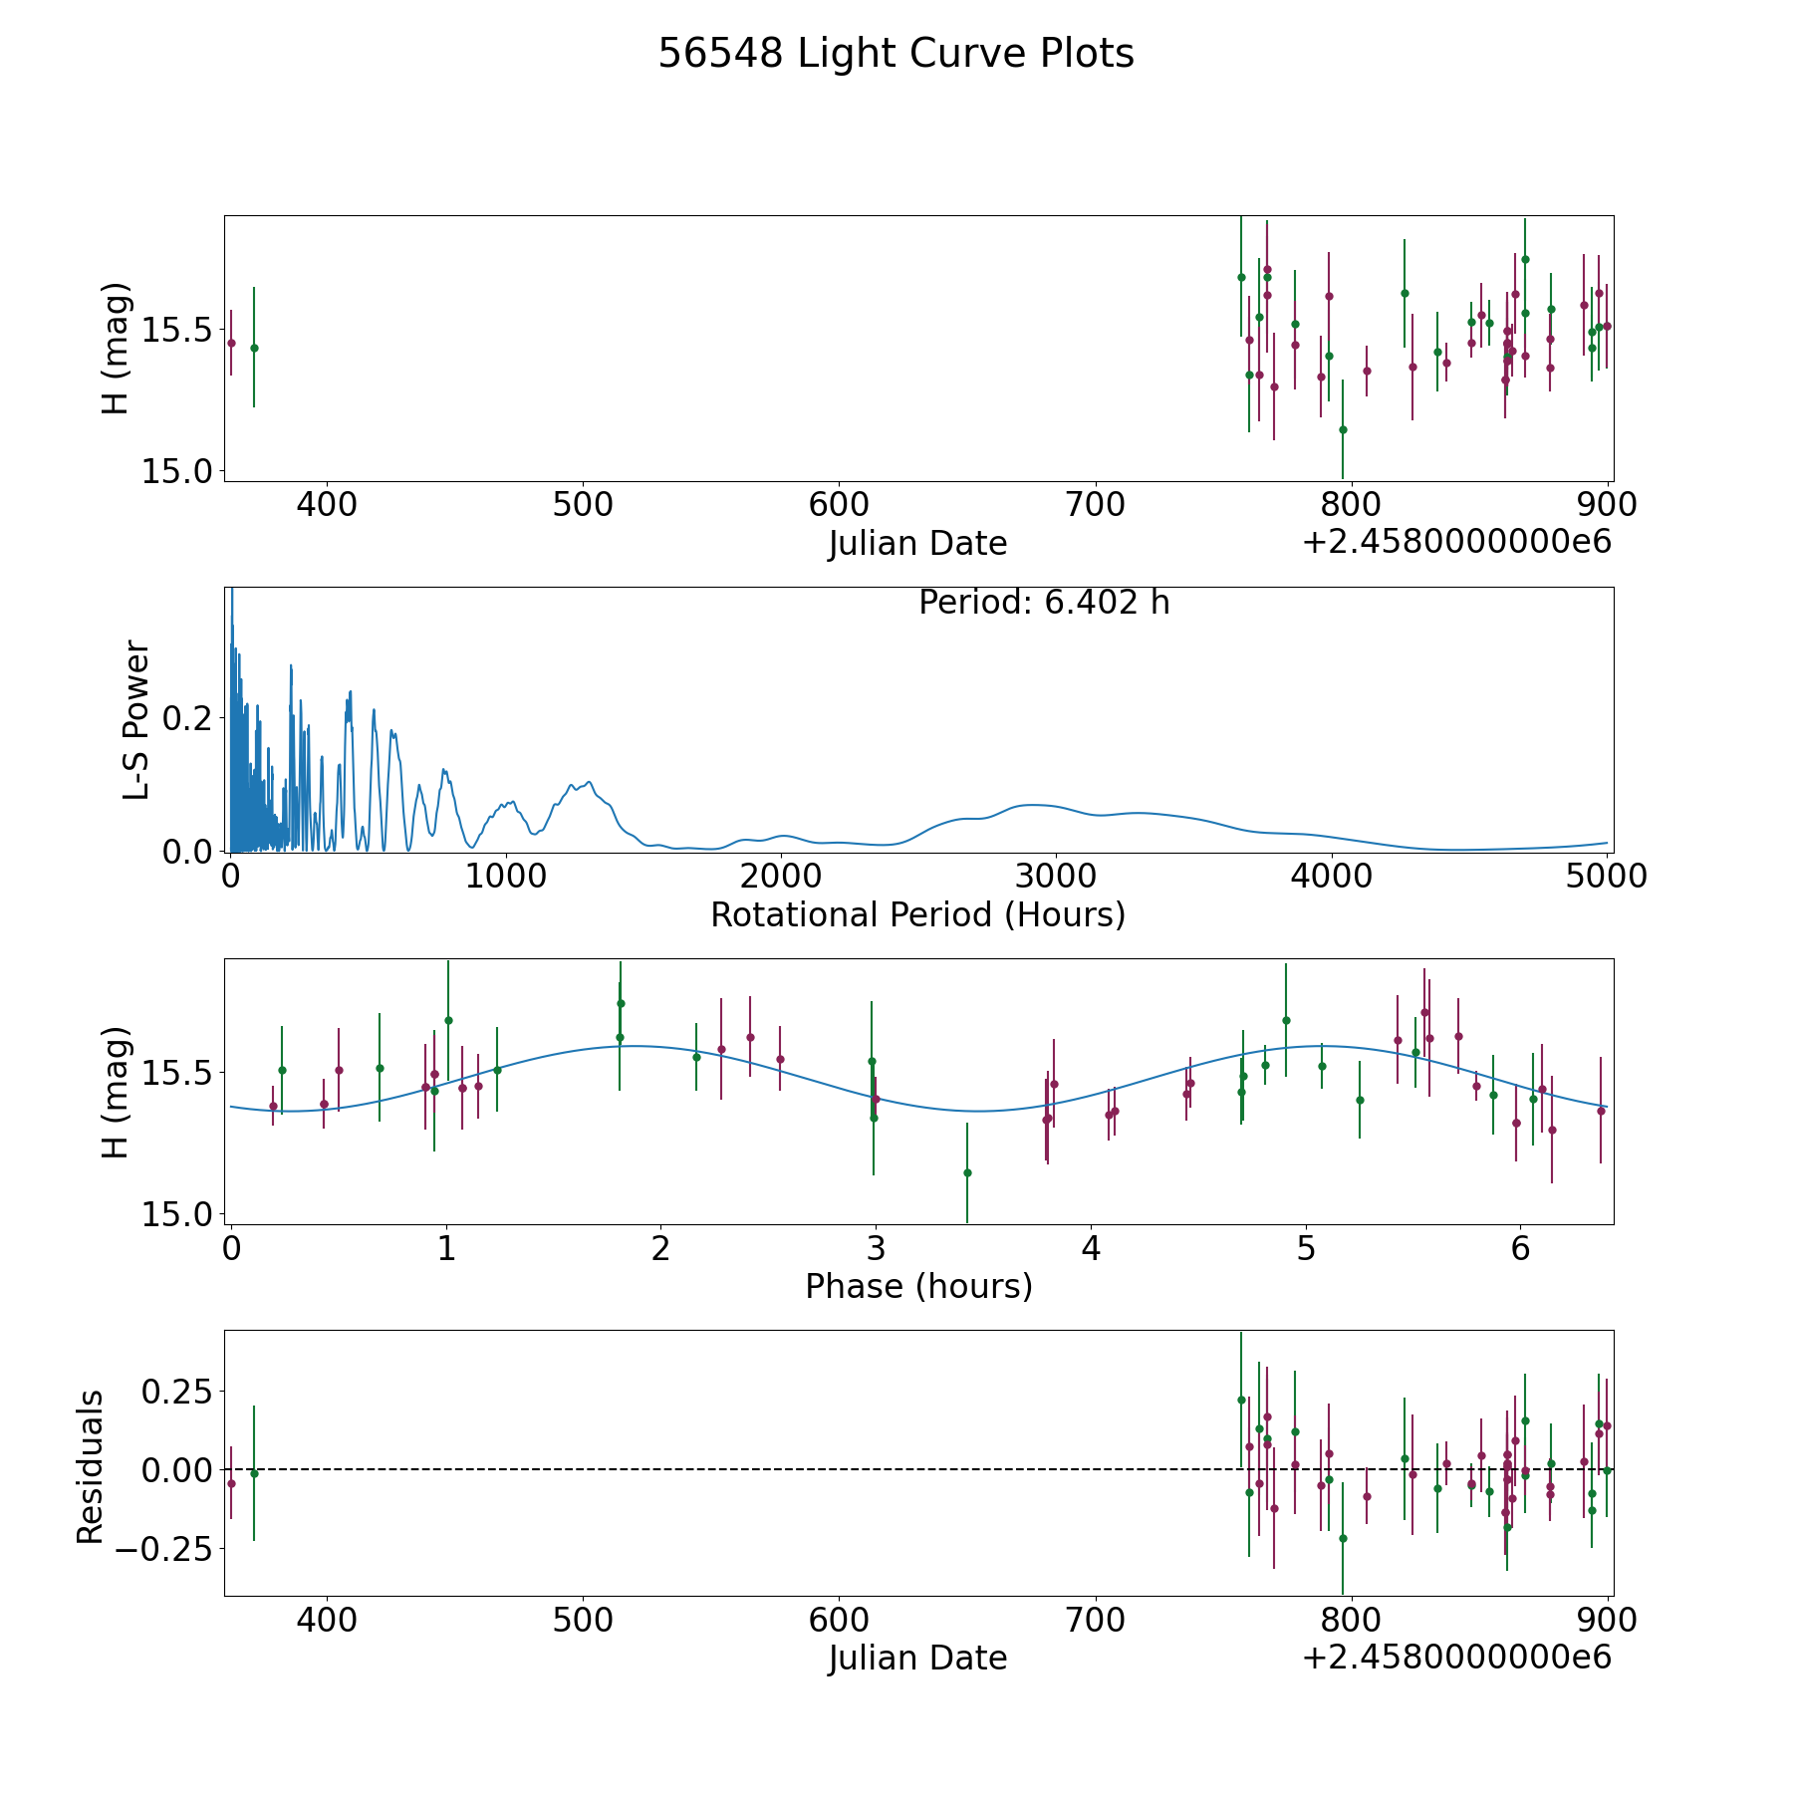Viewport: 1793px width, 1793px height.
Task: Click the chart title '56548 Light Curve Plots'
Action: point(896,54)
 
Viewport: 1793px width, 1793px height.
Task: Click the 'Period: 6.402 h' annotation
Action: point(1044,603)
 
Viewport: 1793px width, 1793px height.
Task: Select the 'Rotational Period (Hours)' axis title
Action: point(917,914)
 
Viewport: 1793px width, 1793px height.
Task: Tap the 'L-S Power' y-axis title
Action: point(136,719)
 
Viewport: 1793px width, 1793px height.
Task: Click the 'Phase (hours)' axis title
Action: point(918,1286)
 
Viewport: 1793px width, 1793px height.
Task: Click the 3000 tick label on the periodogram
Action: point(1055,877)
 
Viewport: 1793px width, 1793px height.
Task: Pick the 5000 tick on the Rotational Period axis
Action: point(1606,877)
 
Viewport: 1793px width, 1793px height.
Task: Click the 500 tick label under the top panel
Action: point(583,505)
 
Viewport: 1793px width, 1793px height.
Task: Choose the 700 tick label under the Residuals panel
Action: point(1095,1620)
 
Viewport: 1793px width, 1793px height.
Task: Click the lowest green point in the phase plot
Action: point(966,1172)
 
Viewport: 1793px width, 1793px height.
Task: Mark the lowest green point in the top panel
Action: point(1343,429)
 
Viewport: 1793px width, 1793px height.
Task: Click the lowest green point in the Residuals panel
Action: point(1343,1538)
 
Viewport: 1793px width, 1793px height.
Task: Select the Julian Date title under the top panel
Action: point(917,544)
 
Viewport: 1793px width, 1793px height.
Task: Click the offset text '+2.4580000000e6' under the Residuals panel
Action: point(1456,1658)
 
